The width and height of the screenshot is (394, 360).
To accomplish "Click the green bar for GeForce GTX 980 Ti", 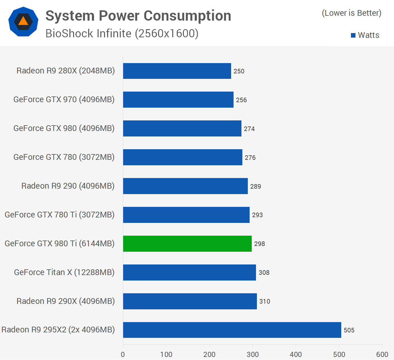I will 187,244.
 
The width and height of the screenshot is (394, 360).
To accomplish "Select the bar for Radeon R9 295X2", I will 232,330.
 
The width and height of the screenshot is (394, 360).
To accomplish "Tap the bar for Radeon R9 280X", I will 177,71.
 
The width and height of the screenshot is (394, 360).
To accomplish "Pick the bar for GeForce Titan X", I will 189,272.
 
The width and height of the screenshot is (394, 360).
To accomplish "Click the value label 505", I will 349,330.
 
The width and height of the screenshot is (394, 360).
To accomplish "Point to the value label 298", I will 260,244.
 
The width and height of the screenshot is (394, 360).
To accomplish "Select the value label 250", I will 239,71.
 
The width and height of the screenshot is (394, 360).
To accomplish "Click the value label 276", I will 250,158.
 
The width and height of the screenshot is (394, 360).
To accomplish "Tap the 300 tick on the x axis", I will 253,355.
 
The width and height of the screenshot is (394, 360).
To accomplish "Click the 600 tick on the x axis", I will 382,355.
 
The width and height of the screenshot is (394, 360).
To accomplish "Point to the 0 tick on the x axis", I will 123,355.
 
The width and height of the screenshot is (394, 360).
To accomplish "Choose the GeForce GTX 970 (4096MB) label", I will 64,99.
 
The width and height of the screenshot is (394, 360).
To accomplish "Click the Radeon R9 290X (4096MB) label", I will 66,301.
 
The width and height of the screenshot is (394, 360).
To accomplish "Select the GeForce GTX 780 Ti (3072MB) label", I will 60,215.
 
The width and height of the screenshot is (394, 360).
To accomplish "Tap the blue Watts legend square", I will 353,35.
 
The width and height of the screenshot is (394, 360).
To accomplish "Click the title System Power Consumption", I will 138,16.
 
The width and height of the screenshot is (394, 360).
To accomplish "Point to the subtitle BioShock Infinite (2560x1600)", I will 122,34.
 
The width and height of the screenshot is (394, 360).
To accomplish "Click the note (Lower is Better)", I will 352,13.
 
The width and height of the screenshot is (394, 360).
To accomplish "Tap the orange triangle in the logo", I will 23,21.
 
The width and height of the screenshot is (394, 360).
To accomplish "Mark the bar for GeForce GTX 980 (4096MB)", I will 182,128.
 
